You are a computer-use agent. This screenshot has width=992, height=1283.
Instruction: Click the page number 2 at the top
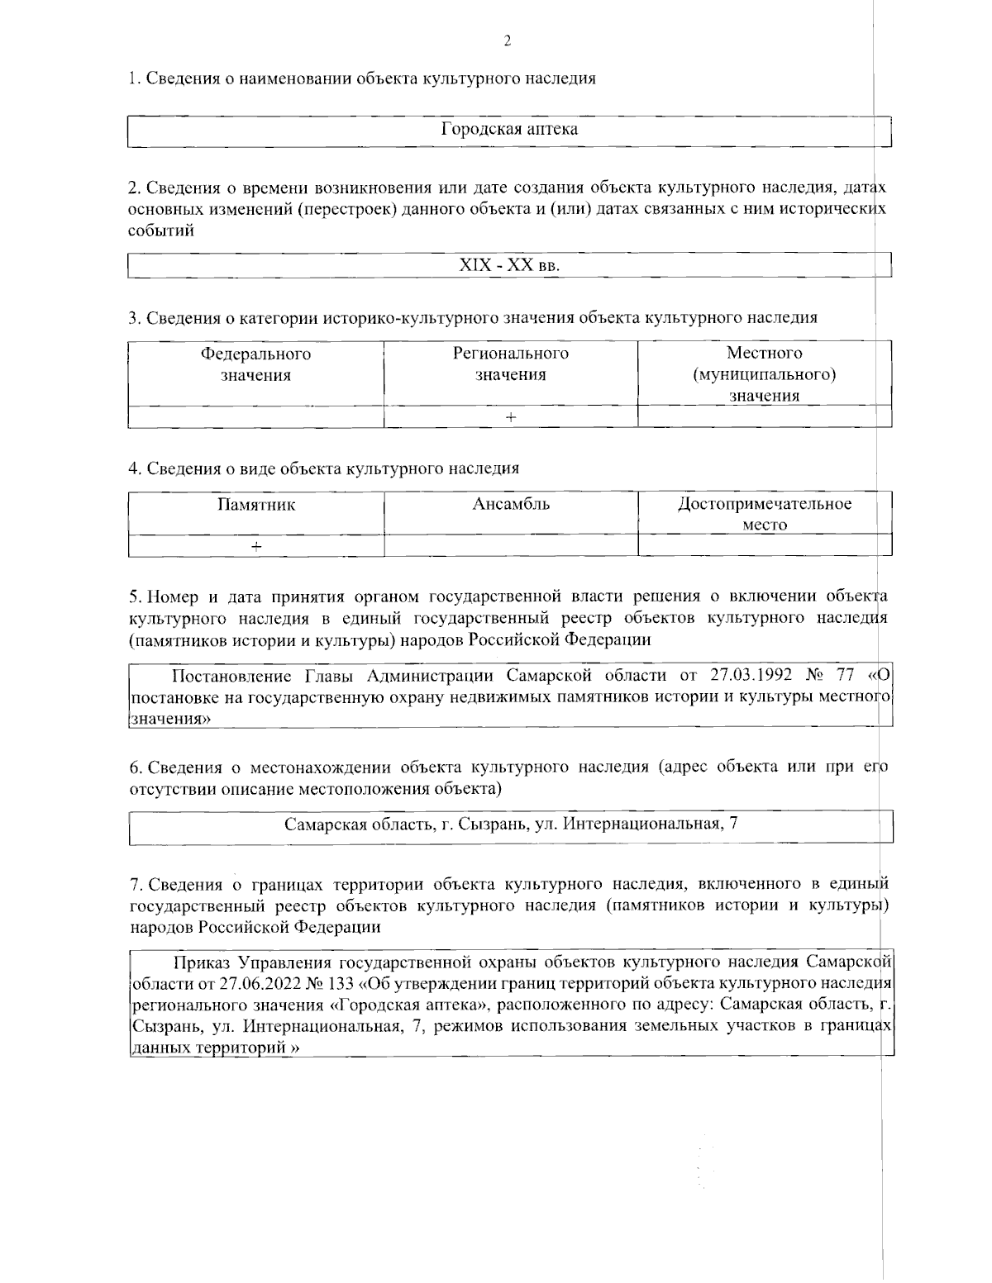(x=508, y=41)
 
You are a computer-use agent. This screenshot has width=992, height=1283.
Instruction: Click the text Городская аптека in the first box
(x=509, y=130)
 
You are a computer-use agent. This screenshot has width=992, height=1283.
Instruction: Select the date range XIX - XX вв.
(x=509, y=267)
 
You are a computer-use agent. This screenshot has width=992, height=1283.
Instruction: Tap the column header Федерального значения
(x=255, y=364)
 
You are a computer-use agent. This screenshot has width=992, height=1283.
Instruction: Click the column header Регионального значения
(x=510, y=364)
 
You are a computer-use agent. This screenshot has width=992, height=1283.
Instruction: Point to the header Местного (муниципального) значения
(x=764, y=374)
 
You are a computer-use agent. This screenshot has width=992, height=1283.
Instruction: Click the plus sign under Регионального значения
(x=511, y=417)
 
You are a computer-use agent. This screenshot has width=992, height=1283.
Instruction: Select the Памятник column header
(x=255, y=505)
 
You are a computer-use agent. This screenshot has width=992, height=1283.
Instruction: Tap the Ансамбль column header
(x=510, y=505)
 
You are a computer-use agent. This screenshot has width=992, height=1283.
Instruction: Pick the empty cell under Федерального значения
(x=255, y=417)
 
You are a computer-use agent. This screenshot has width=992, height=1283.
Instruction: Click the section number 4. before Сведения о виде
(x=135, y=469)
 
